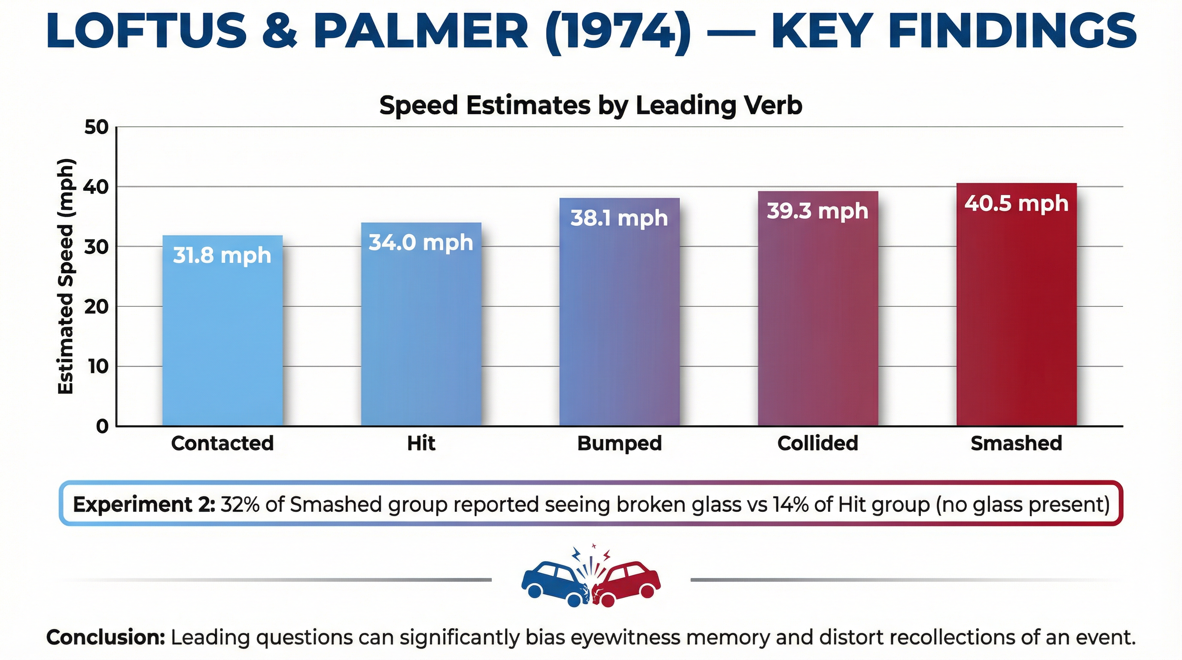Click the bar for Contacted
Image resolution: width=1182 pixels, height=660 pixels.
point(222,330)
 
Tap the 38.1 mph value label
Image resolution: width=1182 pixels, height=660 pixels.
point(619,218)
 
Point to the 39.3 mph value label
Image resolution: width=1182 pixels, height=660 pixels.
point(818,211)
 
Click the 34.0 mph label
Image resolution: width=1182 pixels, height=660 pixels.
point(421,242)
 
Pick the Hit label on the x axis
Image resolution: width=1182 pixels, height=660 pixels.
point(421,443)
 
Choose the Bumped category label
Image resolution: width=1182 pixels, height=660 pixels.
point(619,443)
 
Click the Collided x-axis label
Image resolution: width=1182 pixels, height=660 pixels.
point(818,443)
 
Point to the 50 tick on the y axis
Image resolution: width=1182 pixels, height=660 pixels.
point(96,127)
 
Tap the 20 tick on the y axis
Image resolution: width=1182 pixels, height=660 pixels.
point(96,307)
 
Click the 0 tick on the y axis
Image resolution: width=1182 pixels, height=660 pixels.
point(102,426)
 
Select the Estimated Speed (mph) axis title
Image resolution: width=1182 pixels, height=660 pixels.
point(66,276)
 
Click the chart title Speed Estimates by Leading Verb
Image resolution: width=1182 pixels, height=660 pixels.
point(591,105)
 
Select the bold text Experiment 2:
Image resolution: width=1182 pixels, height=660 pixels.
point(143,504)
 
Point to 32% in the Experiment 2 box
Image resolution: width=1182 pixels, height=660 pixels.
point(238,504)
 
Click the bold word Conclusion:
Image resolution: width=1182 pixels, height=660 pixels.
point(106,637)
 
